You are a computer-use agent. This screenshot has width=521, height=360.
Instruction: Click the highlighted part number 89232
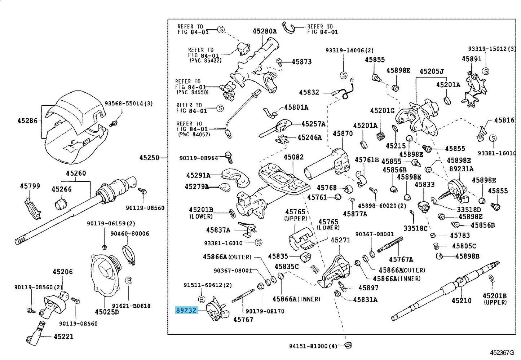click(186, 310)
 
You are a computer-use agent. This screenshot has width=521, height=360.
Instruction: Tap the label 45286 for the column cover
click(27, 120)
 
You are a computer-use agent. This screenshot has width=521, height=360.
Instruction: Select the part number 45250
click(149, 158)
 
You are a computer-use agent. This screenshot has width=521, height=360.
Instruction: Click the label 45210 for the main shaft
click(461, 300)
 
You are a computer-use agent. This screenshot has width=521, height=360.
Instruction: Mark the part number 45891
click(471, 59)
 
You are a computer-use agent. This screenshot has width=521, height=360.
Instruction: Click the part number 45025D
click(107, 312)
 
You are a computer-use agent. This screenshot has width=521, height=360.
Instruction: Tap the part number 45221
click(63, 337)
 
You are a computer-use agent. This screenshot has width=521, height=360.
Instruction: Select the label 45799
click(30, 186)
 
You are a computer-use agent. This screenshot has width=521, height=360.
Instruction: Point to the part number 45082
click(293, 157)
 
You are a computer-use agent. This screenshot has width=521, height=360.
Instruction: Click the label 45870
click(343, 133)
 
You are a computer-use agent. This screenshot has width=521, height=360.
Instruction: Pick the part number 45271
click(340, 240)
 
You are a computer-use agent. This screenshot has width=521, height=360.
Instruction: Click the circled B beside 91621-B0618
click(128, 281)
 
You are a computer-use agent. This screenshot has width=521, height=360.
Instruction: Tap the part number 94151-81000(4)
click(313, 346)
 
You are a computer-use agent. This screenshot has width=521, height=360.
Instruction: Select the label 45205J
click(431, 71)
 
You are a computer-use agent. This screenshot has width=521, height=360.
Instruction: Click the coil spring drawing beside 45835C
click(315, 269)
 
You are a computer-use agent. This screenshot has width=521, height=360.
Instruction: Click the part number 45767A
click(401, 259)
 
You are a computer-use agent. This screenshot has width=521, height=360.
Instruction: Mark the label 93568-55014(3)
click(129, 104)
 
